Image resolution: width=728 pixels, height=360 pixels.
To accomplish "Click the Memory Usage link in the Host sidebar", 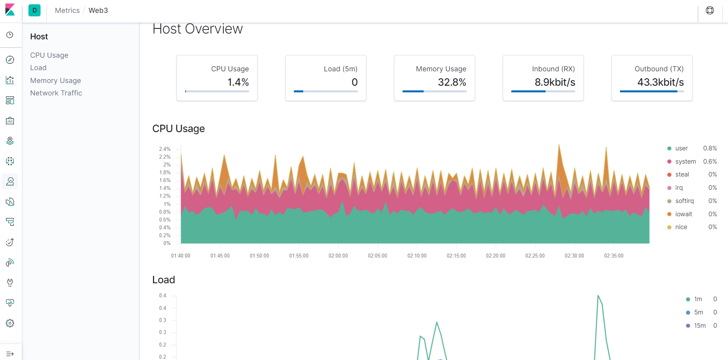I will coord(55,81).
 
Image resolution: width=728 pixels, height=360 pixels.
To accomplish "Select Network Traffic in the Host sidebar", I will coord(56,93).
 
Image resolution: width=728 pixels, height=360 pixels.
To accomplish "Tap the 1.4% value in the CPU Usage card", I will coord(238,82).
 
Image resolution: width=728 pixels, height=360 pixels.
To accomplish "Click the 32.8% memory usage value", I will coord(452,82).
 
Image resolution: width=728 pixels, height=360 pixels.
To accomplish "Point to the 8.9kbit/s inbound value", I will coord(555,82).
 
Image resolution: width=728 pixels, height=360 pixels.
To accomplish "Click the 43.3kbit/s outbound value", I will coord(660,82).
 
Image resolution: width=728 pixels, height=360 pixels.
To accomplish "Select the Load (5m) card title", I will coord(340,69).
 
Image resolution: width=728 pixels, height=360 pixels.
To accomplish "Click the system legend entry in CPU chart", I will coord(685,162).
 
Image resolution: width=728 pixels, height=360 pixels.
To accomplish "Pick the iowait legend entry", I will coord(683,214).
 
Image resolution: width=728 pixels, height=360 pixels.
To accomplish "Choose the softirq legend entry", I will coord(684,201).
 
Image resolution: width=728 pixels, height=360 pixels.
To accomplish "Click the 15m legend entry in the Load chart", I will coord(699,326).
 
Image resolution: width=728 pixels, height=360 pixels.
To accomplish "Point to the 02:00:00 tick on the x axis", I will coord(338,256).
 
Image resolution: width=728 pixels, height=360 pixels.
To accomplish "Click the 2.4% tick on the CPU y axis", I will coord(165,149).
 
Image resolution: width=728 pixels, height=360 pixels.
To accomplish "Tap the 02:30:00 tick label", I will coord(574,256).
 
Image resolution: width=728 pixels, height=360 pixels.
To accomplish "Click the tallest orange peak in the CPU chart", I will coord(559,146).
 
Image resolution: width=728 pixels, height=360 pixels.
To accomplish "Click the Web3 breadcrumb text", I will coord(98,11).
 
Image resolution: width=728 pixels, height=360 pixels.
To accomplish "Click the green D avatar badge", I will coord(35,11).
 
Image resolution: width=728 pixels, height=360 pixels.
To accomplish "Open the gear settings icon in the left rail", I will coord(10,323).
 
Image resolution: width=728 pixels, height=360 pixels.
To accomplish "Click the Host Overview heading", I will coord(197,29).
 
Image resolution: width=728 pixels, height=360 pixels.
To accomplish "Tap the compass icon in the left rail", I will coord(10,60).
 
